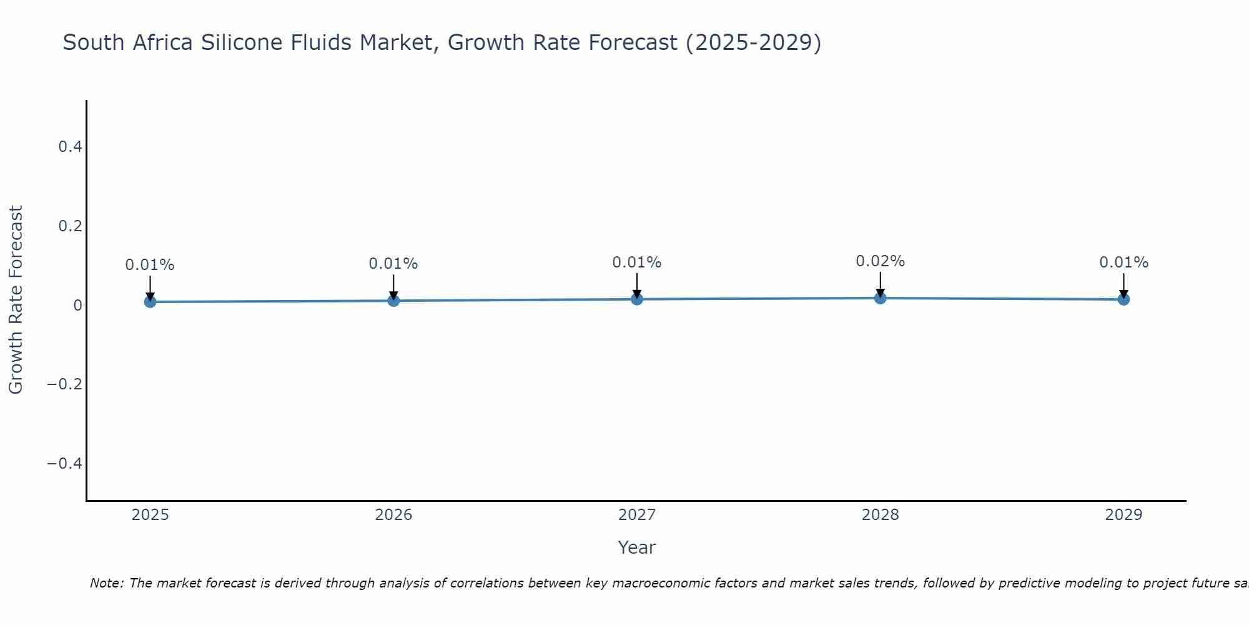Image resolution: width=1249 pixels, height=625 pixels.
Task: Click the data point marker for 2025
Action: [150, 302]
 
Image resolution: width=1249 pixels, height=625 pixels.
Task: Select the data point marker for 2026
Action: [393, 301]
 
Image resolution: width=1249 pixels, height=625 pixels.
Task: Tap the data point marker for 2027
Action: [637, 299]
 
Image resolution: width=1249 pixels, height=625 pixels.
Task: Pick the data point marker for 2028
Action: [880, 298]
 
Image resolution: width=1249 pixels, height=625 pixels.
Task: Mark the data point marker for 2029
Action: [1123, 299]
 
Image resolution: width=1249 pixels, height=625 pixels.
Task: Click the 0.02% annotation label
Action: [880, 261]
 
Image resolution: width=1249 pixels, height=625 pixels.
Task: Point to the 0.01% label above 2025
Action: [150, 265]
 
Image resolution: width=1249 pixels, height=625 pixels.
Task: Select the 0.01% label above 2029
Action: [1123, 262]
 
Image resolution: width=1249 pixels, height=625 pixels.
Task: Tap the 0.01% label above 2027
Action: [637, 262]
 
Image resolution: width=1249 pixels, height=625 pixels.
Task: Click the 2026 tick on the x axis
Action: [393, 515]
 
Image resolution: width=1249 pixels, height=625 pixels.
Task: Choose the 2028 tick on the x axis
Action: [880, 515]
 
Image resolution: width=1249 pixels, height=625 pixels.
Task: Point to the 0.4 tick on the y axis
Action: [70, 147]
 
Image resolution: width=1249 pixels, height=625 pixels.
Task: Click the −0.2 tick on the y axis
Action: [65, 384]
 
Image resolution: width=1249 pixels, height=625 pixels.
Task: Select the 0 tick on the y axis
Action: [77, 305]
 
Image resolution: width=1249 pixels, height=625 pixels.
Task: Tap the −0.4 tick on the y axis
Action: [65, 463]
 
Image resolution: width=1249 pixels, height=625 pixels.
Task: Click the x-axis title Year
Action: [636, 547]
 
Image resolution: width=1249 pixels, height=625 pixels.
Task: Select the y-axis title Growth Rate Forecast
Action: [16, 300]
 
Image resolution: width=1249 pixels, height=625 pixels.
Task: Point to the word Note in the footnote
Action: [106, 583]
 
